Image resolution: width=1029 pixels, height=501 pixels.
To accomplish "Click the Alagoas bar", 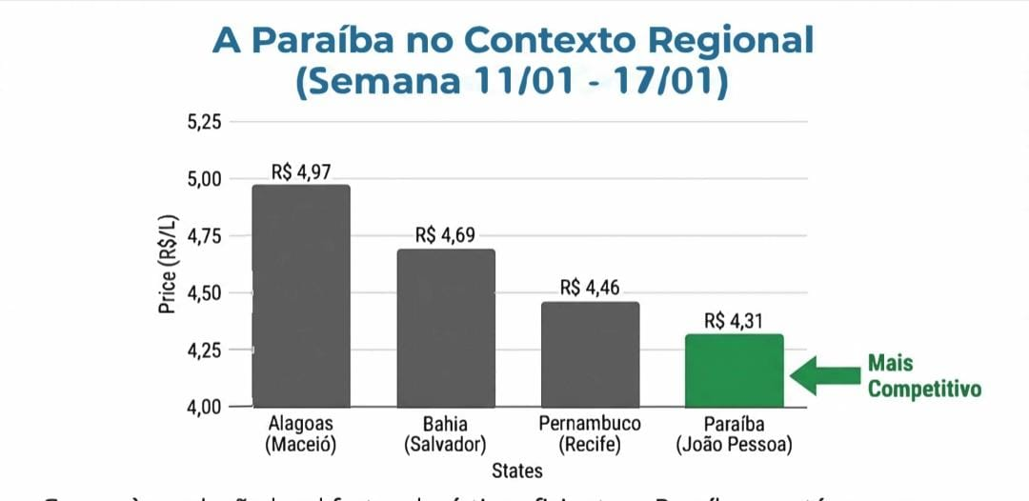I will click(x=301, y=295).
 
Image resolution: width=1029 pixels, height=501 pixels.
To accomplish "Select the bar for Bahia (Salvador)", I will click(x=446, y=328).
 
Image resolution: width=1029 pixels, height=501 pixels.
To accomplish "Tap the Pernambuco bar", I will click(x=590, y=354).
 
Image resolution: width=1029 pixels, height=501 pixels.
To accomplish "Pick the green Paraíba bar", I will click(x=735, y=371).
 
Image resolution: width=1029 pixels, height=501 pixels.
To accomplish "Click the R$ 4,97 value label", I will click(x=302, y=172).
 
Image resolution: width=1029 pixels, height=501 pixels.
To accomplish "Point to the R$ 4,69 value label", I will click(x=446, y=235).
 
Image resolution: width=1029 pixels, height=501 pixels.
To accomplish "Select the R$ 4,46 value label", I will click(x=591, y=288).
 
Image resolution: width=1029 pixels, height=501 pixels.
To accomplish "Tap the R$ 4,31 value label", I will click(x=735, y=321).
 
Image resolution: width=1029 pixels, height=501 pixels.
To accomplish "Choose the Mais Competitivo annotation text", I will click(x=923, y=376).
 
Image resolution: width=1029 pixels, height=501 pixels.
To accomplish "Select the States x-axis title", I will click(x=517, y=471).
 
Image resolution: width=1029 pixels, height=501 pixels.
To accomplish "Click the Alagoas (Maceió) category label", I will click(x=301, y=433).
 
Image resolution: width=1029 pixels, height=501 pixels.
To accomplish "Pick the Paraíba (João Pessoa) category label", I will click(x=734, y=433).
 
